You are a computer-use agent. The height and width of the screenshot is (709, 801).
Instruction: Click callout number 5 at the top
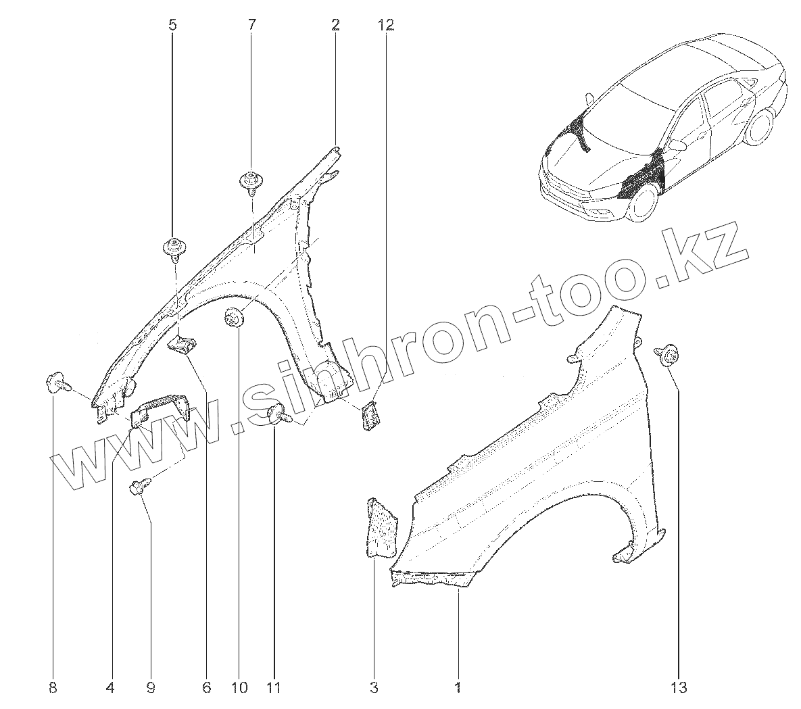(172, 26)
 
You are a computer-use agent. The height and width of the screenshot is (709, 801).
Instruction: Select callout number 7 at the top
(251, 26)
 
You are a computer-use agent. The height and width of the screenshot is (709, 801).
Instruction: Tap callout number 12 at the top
(385, 26)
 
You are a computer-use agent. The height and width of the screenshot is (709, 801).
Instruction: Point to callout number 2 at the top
(335, 26)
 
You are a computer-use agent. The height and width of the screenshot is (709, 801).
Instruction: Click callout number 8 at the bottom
(53, 688)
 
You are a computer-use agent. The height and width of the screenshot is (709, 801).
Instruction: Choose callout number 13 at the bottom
(679, 688)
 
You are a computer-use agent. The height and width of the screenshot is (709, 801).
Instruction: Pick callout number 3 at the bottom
(373, 688)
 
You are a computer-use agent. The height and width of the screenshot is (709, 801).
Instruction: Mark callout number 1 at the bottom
(458, 688)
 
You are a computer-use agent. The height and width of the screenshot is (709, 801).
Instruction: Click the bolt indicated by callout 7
(251, 182)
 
